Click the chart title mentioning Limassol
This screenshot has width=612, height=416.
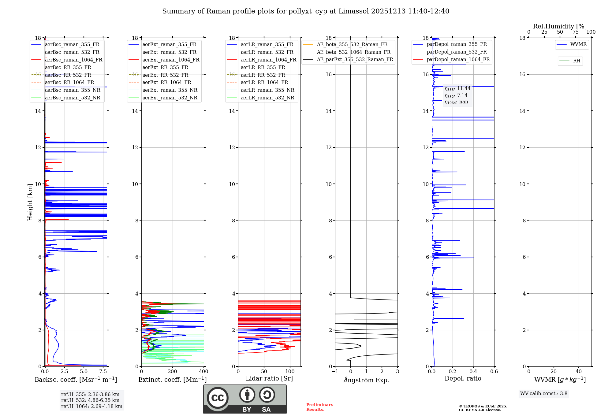coord(306,11)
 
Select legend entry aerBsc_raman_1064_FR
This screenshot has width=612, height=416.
coord(73,60)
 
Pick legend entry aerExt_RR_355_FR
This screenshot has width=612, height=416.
coord(165,67)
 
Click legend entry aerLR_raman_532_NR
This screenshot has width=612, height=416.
coord(267,98)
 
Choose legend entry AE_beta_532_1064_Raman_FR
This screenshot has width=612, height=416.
coord(353,52)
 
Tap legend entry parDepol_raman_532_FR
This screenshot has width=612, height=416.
coord(457,52)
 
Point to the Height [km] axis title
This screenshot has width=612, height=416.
coord(30,202)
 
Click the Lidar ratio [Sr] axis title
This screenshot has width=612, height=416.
coord(269,378)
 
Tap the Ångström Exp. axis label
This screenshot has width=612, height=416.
coord(366,380)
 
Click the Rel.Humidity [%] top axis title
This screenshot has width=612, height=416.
coord(560,26)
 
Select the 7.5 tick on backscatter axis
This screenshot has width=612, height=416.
coord(103,371)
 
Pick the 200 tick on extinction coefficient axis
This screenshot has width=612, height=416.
coord(173,371)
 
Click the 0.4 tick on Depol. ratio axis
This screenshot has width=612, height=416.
coord(473,371)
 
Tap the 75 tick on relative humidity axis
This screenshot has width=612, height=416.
coord(575,32)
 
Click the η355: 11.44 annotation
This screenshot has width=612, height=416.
coord(457,89)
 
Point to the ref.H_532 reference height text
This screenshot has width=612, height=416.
coord(90,400)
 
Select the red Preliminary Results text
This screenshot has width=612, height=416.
coord(319,407)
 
